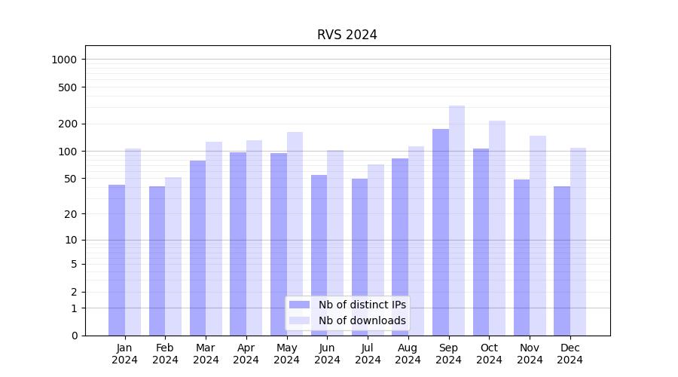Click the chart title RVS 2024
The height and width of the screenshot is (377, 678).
(x=347, y=35)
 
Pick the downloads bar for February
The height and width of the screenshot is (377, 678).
(x=173, y=256)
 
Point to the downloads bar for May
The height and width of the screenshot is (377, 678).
(x=295, y=234)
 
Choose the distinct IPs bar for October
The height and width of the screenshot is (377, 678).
(x=481, y=241)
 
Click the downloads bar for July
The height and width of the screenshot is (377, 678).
(x=376, y=250)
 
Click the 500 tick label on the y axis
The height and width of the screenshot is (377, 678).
(x=69, y=87)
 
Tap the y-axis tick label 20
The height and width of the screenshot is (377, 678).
(x=72, y=214)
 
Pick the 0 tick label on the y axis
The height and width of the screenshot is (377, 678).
(x=74, y=336)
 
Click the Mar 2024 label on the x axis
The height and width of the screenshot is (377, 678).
(x=206, y=354)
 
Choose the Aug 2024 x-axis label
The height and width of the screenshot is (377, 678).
(x=408, y=354)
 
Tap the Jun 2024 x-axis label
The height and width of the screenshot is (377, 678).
(x=327, y=354)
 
